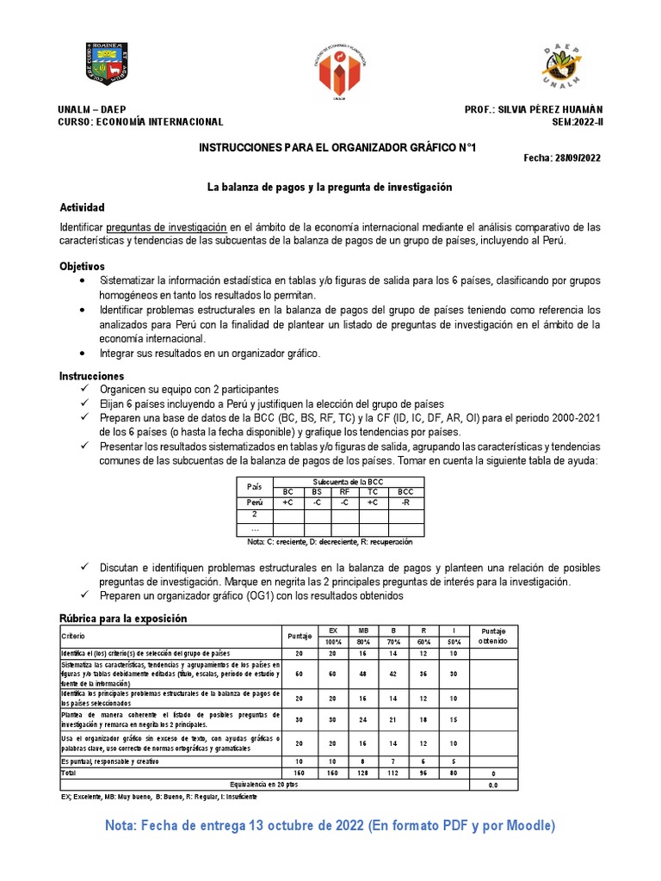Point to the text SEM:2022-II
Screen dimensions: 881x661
tap(578, 122)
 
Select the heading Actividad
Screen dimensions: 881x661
tap(82, 208)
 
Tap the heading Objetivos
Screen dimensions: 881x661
tap(82, 267)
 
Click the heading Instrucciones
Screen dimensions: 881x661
tap(91, 376)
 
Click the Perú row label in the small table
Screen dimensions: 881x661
tap(255, 502)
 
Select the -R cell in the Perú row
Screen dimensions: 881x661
tap(406, 502)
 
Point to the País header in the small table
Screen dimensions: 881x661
tap(255, 486)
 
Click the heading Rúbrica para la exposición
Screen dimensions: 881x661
tap(122, 619)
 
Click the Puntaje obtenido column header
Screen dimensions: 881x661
tap(494, 636)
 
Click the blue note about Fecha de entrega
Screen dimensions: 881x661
tap(330, 826)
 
